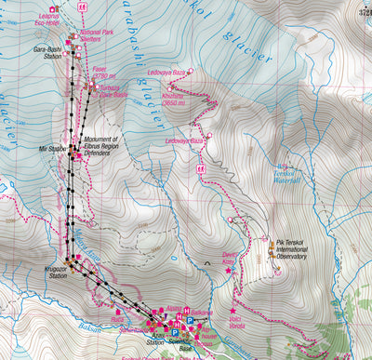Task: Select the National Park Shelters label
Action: [x=105, y=36]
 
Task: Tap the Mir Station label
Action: [x=52, y=146]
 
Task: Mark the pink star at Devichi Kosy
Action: [x=229, y=270]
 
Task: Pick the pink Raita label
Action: [x=116, y=316]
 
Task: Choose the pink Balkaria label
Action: [x=202, y=313]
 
